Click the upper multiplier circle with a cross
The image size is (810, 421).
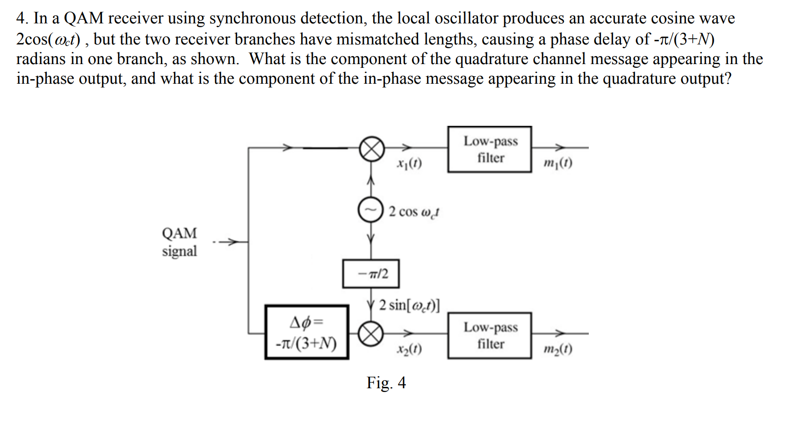coord(372,149)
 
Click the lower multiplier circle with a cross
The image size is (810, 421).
coord(371,334)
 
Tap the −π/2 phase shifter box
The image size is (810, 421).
coord(371,274)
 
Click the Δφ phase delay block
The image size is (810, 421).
coord(307,333)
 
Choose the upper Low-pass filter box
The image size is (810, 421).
coord(490,149)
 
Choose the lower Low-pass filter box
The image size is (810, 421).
coord(490,335)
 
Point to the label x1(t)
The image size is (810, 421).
coord(409,164)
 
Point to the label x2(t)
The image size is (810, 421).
coord(409,349)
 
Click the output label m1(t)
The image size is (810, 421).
coord(557,163)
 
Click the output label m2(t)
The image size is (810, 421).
coord(557,349)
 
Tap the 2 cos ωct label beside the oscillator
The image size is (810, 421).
coord(413,212)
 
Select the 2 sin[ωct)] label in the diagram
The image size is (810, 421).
coord(409,305)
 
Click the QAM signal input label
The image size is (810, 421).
coord(179,242)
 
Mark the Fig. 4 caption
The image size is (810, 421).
coord(386,383)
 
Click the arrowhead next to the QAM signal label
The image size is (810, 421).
coord(232,242)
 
